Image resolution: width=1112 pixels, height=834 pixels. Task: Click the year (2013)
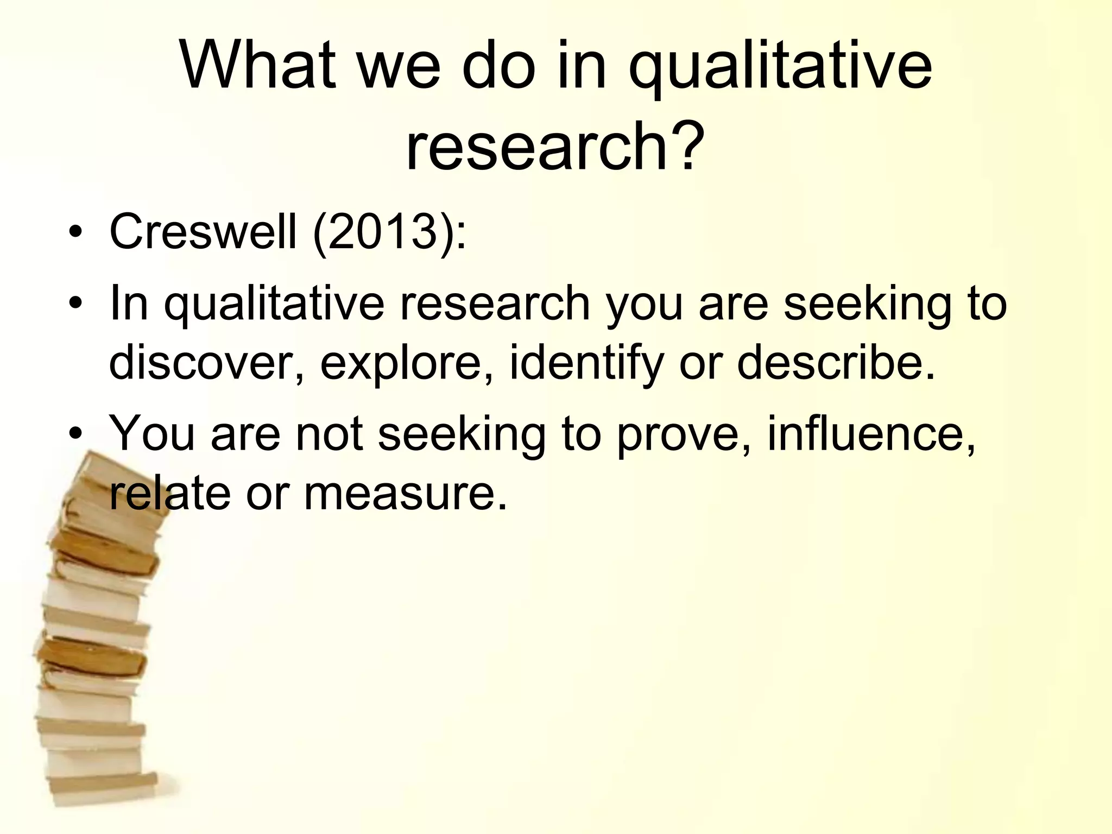(x=383, y=232)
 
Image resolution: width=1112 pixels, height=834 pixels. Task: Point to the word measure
(x=405, y=494)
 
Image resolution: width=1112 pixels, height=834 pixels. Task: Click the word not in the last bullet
(x=329, y=434)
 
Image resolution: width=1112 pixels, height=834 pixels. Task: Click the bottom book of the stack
(x=103, y=782)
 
